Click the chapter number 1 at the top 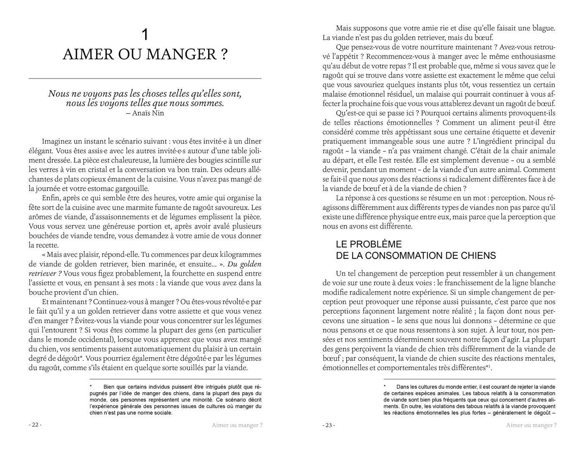[145, 35]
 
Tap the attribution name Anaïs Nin [148, 113]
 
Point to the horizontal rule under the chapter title [145, 79]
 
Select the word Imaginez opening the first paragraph [58, 141]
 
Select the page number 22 [35, 425]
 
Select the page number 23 [329, 425]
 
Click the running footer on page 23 [531, 425]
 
